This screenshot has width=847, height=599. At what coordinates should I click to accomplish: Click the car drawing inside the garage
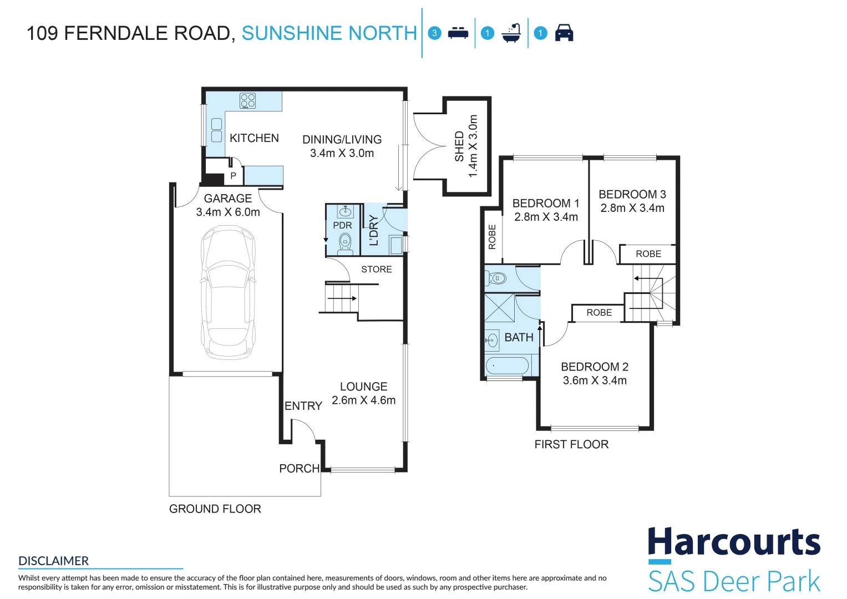tap(227, 292)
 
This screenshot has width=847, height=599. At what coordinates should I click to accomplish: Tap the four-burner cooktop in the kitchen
tap(248, 100)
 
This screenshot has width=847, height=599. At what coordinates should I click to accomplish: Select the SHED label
tap(459, 146)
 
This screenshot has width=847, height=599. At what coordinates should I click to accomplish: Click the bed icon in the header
tap(458, 33)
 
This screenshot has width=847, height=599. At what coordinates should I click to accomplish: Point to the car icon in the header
tap(564, 33)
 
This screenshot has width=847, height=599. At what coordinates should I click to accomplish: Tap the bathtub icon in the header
tap(511, 33)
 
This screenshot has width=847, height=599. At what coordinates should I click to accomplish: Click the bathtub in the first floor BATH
tap(507, 366)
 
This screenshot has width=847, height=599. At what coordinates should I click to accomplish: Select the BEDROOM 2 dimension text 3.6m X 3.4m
tap(595, 380)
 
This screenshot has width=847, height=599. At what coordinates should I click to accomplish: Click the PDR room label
tap(342, 225)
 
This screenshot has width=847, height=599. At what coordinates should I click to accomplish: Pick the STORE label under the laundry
tap(376, 269)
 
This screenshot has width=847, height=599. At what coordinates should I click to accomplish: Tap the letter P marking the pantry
tap(234, 175)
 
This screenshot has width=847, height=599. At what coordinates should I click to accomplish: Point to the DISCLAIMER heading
tap(53, 561)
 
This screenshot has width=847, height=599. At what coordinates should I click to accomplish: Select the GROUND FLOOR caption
tap(215, 509)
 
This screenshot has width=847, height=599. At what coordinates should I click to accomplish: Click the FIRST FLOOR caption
tap(571, 444)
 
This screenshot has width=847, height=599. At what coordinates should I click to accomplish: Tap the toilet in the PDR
tap(345, 243)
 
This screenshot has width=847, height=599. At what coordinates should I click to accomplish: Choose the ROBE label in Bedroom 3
tap(648, 254)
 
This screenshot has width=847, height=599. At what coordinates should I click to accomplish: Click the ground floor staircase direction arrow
tap(342, 298)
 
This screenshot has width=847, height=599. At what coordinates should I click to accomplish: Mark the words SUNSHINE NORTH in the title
tap(329, 33)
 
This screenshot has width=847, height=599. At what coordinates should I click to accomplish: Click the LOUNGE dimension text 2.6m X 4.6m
tap(363, 400)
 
